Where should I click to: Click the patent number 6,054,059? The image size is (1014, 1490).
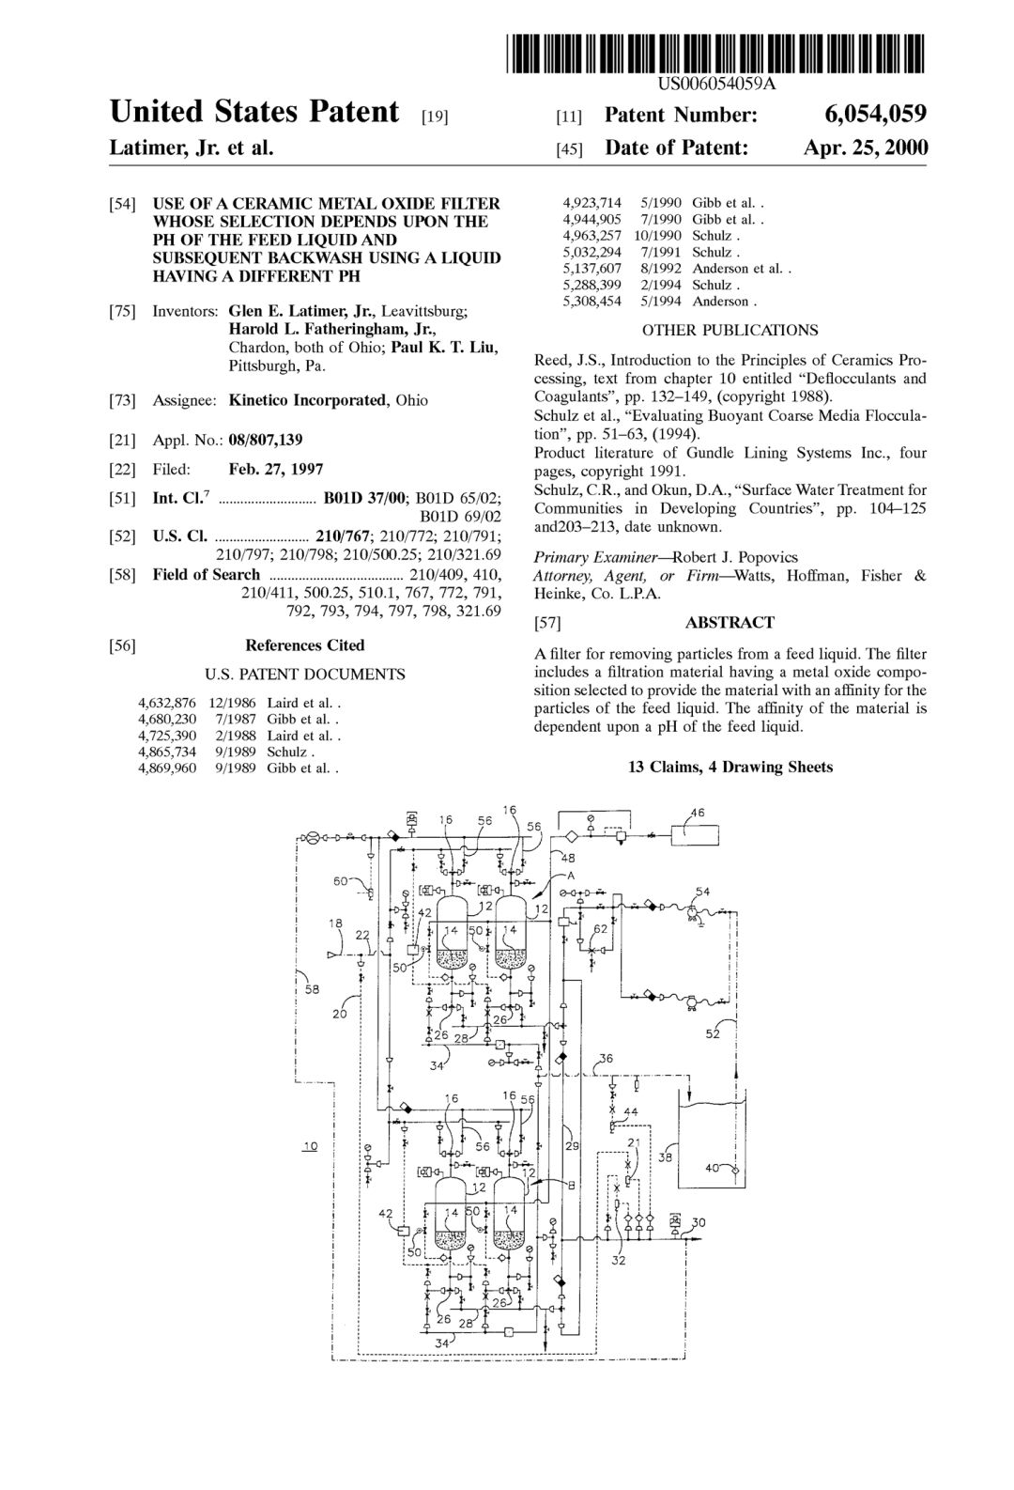pyautogui.click(x=875, y=115)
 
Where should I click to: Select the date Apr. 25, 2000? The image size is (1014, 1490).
pyautogui.click(x=865, y=147)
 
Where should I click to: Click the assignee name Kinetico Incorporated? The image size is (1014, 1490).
pyautogui.click(x=307, y=400)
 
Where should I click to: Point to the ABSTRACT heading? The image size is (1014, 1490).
pyautogui.click(x=730, y=623)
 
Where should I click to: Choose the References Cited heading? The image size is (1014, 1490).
pyautogui.click(x=304, y=645)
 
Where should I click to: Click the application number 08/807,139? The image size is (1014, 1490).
pyautogui.click(x=266, y=440)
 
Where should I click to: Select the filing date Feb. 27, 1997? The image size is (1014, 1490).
pyautogui.click(x=276, y=470)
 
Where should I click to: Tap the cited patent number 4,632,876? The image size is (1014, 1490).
pyautogui.click(x=167, y=703)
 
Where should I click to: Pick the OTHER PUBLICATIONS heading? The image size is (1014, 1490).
pyautogui.click(x=730, y=331)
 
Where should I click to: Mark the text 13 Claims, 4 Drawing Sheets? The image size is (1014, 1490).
pyautogui.click(x=730, y=767)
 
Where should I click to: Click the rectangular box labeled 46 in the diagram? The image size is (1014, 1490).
pyautogui.click(x=695, y=835)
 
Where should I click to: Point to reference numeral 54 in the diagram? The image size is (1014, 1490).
pyautogui.click(x=702, y=892)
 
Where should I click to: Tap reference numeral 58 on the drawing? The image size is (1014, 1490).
pyautogui.click(x=312, y=989)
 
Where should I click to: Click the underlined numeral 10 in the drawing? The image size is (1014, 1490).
pyautogui.click(x=311, y=1146)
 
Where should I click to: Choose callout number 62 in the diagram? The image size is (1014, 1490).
pyautogui.click(x=600, y=929)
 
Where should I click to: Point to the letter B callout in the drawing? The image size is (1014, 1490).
pyautogui.click(x=571, y=1185)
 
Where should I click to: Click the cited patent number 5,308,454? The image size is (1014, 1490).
pyautogui.click(x=591, y=302)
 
